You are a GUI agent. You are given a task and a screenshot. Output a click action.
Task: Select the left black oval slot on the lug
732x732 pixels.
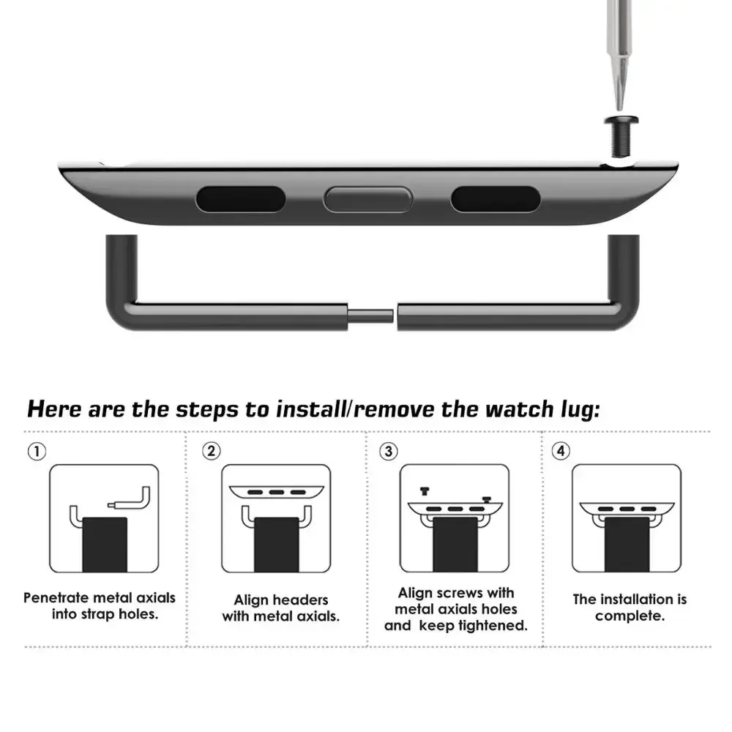(240, 198)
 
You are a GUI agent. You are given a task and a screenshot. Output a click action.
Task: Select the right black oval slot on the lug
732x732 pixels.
(496, 198)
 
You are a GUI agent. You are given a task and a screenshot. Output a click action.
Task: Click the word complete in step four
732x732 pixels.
(630, 616)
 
